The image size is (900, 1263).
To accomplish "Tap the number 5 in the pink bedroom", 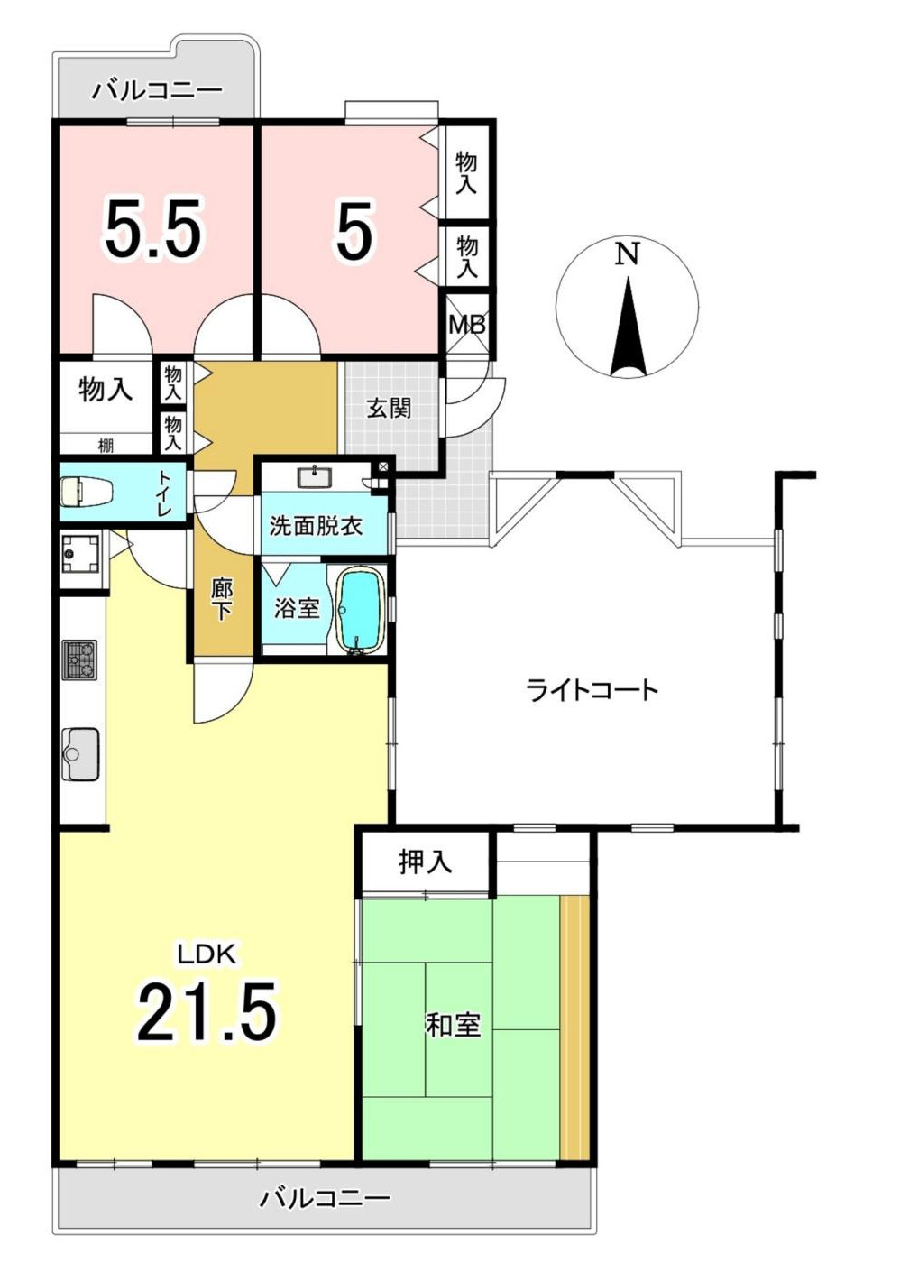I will tap(354, 231).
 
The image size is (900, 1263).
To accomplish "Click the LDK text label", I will tap(206, 954).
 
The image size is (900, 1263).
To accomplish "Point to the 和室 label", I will tap(454, 1025).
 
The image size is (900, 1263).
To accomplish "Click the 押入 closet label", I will tap(425, 862).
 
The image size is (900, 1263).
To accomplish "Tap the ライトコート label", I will tap(592, 691).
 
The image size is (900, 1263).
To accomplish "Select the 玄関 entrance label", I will tap(389, 408).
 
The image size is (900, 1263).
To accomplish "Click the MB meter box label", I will tap(467, 325).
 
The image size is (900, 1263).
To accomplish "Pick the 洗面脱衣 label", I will tap(316, 525).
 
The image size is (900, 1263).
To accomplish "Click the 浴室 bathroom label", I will tap(297, 608).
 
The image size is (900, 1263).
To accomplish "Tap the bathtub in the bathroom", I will tap(361, 608).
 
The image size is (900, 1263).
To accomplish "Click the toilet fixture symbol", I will tap(86, 492).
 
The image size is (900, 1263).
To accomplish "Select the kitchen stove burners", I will tap(79, 660).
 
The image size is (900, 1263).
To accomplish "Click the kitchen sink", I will tap(80, 753).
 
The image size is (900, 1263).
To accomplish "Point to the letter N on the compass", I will tap(627, 254).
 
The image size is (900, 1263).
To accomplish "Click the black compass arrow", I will tap(628, 329).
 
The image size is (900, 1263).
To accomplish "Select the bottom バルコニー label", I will tap(326, 1198).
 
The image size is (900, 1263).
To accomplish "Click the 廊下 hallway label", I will tap(222, 599).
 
